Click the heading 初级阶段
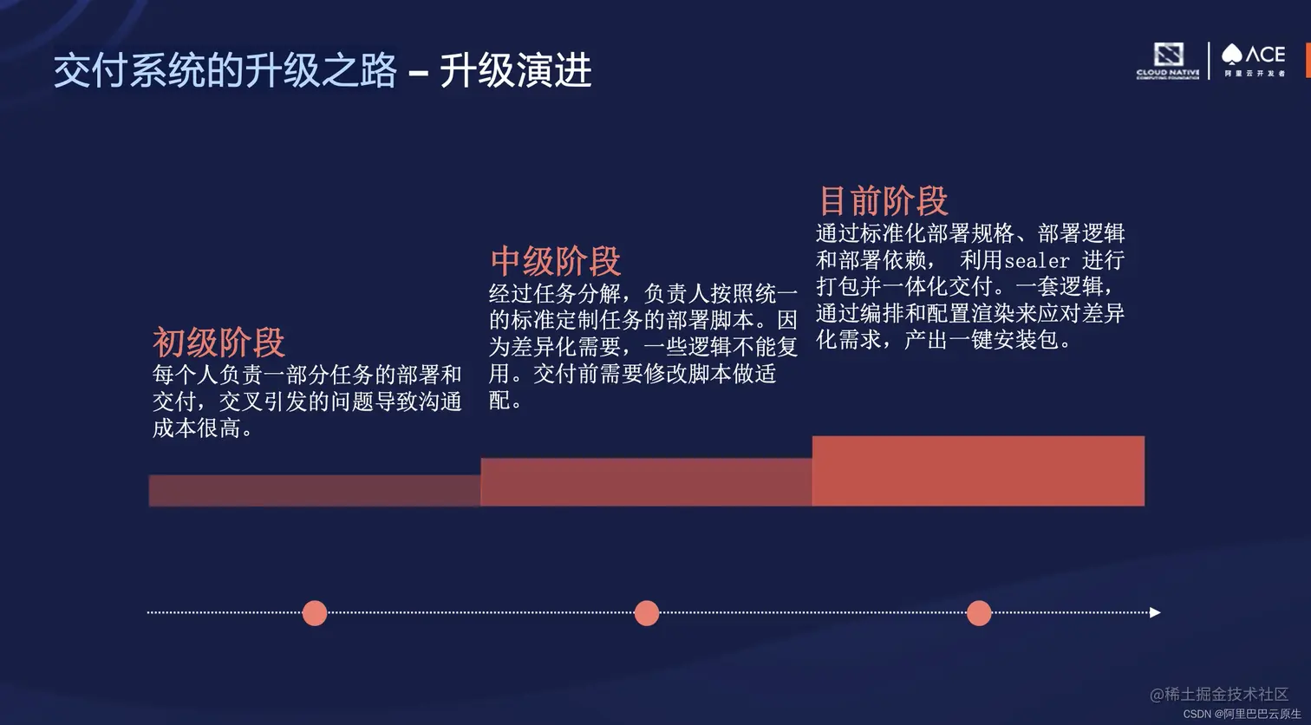tap(218, 343)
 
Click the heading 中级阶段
tap(556, 261)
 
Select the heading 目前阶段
tap(884, 201)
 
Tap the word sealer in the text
tap(1036, 261)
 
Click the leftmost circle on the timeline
tap(315, 613)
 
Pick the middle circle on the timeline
tap(647, 613)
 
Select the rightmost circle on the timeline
tap(979, 613)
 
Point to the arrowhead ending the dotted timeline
tap(1154, 613)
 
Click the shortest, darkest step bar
tap(315, 491)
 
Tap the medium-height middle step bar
tap(646, 482)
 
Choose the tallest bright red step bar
tap(978, 471)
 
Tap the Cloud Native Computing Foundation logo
tap(1168, 61)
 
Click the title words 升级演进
tap(515, 70)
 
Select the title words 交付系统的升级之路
tap(225, 70)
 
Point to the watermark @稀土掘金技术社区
tap(1219, 695)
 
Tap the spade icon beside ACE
tap(1231, 56)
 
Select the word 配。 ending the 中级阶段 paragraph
tap(505, 401)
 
